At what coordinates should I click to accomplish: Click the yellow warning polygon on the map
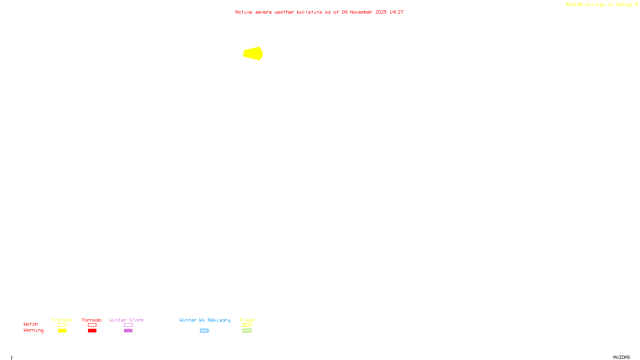(253, 53)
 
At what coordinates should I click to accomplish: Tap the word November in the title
(361, 12)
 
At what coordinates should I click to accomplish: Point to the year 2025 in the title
(381, 12)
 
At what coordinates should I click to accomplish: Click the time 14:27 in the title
(396, 12)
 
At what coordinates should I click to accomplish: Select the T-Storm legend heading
(62, 320)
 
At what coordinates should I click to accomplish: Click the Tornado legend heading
(92, 320)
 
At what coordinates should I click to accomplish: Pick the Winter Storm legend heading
(126, 320)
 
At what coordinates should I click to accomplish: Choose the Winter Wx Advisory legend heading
(205, 320)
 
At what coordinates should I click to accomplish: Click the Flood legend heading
(247, 320)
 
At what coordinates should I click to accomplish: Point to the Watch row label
(31, 324)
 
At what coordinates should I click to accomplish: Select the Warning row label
(33, 330)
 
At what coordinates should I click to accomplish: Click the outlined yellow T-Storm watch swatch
(62, 325)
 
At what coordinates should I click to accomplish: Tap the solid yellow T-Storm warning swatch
(62, 331)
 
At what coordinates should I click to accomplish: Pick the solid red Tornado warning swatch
(92, 331)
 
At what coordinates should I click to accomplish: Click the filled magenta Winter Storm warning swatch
(128, 331)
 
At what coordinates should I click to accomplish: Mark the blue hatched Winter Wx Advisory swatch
(204, 331)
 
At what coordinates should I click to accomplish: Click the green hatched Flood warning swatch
(247, 331)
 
